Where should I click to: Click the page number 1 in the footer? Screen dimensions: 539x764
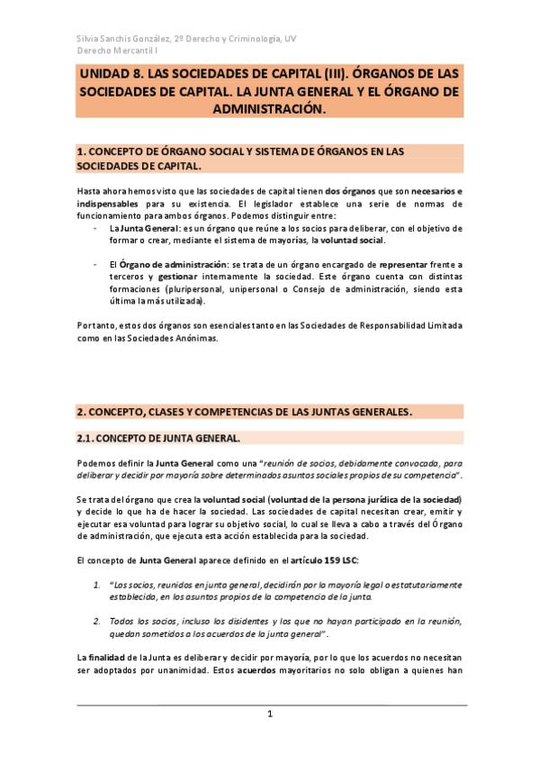[269, 714]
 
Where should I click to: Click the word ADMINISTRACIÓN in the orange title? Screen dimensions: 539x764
[269, 107]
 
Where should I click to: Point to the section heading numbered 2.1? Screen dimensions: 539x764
[157, 439]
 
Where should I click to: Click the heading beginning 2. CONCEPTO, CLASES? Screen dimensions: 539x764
[244, 412]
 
